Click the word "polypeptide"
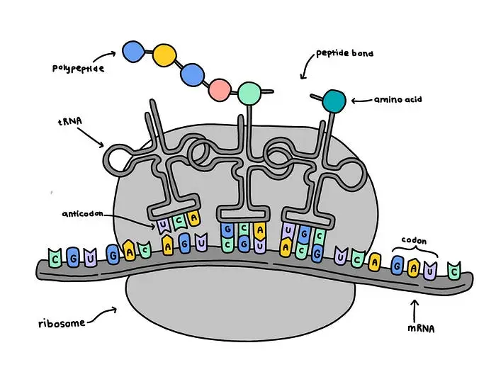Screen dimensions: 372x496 tap(79, 68)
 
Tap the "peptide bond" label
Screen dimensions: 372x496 tap(344, 54)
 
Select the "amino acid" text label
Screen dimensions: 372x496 tap(399, 100)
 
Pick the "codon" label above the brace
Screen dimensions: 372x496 tap(415, 241)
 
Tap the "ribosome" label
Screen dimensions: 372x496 tap(63, 324)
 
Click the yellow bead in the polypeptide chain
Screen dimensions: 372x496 tap(164, 54)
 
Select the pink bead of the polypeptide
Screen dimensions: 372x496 tap(220, 89)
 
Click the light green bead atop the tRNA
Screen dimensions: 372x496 tap(249, 92)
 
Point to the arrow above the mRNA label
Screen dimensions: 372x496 tap(417, 307)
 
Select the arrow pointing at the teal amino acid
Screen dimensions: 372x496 tap(361, 100)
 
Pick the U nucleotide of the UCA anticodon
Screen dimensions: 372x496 tap(164, 225)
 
